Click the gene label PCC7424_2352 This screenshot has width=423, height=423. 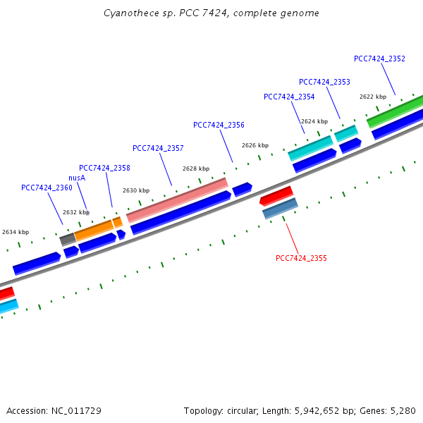379,59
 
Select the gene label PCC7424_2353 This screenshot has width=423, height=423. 324,82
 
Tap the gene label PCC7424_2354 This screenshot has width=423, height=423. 289,97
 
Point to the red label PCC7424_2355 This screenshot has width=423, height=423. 301,258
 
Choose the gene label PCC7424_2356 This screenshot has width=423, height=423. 219,125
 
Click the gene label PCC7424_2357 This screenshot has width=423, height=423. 158,148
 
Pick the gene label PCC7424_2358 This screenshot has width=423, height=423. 104,168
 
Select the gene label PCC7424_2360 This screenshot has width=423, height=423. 47,188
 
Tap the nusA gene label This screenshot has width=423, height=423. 77,178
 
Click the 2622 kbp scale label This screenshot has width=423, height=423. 373,97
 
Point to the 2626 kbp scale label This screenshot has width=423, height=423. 255,145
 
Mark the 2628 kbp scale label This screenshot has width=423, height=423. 196,168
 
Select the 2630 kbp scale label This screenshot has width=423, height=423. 136,190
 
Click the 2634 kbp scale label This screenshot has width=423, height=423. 16,232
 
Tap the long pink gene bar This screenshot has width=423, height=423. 177,200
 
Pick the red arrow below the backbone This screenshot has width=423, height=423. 276,195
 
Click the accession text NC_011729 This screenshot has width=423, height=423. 78,410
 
